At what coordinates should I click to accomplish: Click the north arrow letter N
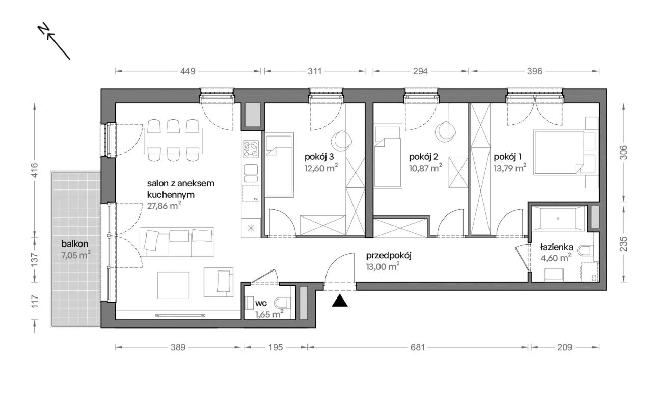point(44,28)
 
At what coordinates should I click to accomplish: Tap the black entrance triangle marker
point(340,301)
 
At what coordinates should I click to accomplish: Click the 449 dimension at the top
point(188,71)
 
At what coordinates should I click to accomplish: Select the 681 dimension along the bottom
point(418,347)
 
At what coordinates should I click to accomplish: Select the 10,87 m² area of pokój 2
point(425,168)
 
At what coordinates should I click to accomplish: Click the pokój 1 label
point(507,157)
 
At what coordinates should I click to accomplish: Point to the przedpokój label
point(389,256)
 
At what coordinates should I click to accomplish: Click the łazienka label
point(557,247)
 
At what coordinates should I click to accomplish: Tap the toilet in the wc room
point(283,304)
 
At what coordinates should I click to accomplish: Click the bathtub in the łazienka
point(558,219)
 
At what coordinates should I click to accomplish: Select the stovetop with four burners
point(251,149)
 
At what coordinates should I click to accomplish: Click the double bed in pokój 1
point(559,153)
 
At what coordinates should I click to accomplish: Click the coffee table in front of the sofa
point(174,285)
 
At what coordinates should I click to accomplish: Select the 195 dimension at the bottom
point(276,347)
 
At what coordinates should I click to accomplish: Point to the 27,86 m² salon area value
point(164,206)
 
